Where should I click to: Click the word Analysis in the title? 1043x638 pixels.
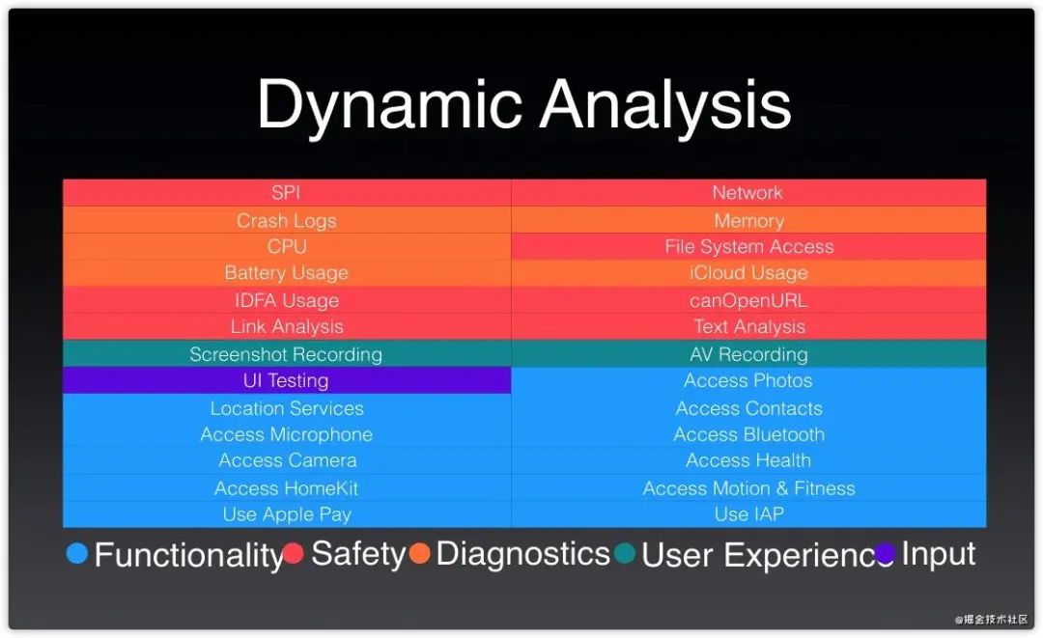665,104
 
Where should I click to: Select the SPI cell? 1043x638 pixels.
287,192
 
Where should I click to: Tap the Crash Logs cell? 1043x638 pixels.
287,220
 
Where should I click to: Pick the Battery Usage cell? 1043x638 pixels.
287,273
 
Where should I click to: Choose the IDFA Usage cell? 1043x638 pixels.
287,300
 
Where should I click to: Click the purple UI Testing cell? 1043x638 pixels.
287,380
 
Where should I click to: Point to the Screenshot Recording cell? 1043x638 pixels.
287,354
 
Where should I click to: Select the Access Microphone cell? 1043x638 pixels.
287,434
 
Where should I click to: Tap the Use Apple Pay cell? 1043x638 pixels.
287,514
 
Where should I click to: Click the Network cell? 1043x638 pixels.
747,193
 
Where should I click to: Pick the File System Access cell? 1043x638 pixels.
748,246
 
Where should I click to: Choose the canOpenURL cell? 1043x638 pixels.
748,300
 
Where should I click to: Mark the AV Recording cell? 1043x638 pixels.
748,354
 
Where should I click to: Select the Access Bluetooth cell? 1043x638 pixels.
748,434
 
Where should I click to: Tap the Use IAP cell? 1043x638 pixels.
748,514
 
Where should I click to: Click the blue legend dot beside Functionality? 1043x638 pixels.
77,553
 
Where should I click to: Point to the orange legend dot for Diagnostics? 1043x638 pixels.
419,553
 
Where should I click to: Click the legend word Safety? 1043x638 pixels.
358,554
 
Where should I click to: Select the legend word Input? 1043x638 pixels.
939,554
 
